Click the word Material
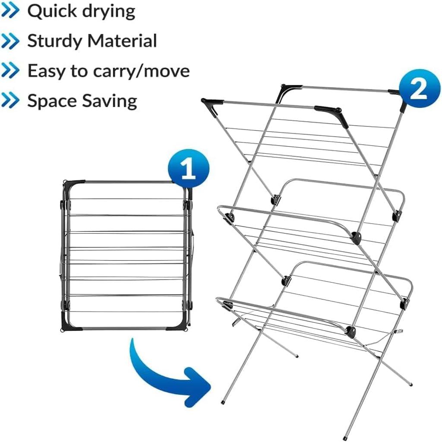click(x=122, y=41)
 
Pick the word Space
click(x=52, y=101)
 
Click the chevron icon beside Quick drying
click(x=11, y=12)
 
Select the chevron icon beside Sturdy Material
click(x=11, y=41)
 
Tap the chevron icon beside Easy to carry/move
click(x=11, y=71)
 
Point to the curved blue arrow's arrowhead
click(x=196, y=383)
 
